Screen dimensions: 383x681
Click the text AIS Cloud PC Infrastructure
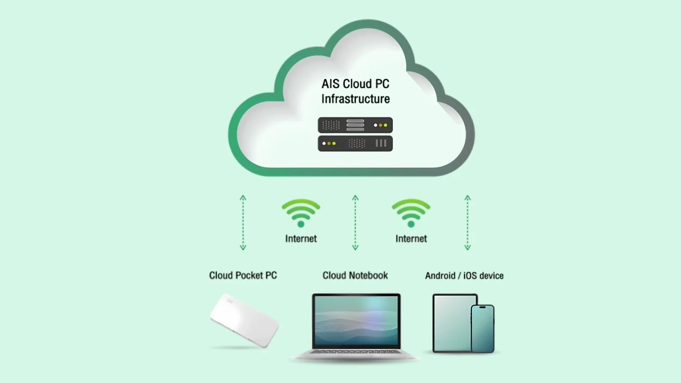point(356,91)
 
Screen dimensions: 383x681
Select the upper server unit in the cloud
point(355,125)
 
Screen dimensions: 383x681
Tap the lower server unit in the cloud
point(355,144)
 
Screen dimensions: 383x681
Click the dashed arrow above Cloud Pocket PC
point(243,223)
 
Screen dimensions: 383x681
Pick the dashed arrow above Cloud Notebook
point(355,223)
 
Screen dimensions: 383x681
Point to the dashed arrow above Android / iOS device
point(467,223)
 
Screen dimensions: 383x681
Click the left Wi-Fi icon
point(301,212)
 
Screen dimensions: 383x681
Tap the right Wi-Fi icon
point(411,212)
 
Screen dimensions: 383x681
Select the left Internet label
point(301,238)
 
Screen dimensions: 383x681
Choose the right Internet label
point(411,238)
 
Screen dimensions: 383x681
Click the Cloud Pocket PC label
point(243,275)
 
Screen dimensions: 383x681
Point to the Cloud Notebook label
point(355,275)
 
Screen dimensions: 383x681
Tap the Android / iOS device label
point(464,276)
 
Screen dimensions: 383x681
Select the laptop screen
point(356,320)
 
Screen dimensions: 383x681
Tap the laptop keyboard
point(355,352)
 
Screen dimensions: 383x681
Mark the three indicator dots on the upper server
point(380,125)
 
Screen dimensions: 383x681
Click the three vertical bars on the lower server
point(381,143)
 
